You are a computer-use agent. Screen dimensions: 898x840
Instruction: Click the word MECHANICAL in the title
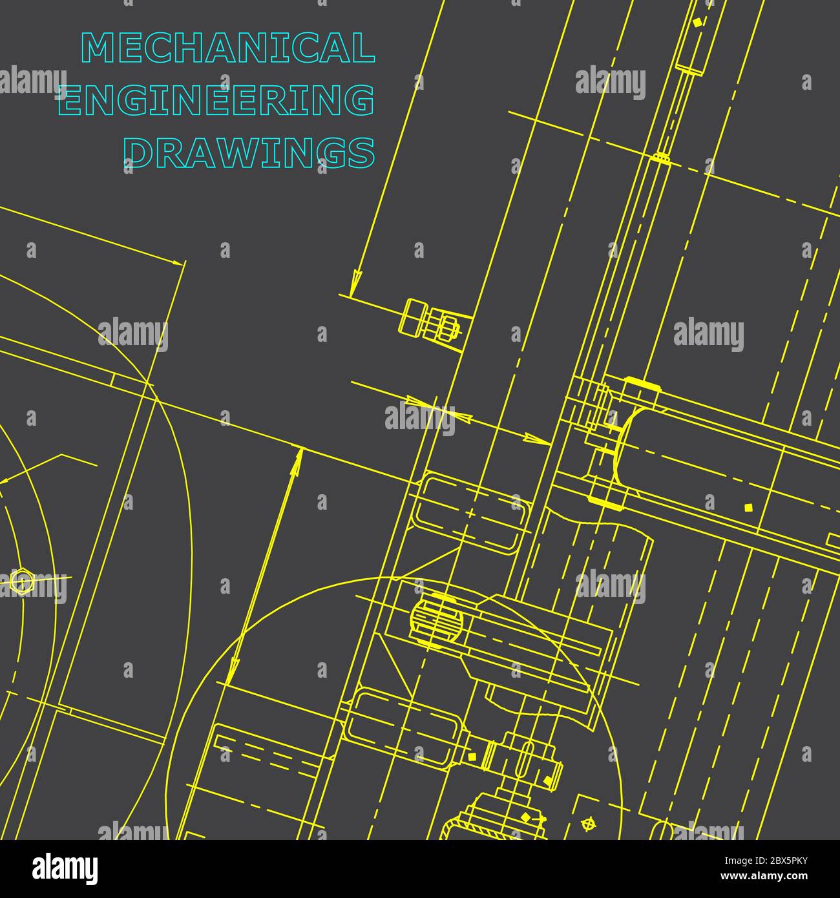click(228, 48)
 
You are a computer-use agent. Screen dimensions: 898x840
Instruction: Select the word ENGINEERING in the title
click(217, 100)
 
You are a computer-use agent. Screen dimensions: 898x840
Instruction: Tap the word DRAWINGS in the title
click(249, 152)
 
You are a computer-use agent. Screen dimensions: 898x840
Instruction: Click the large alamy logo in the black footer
click(65, 869)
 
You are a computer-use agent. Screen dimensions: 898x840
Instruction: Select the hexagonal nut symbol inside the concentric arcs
click(21, 581)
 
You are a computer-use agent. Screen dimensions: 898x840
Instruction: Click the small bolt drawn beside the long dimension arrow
click(430, 319)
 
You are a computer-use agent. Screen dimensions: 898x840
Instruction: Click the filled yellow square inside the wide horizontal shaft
click(748, 507)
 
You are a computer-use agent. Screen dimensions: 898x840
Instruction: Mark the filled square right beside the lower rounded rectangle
click(472, 756)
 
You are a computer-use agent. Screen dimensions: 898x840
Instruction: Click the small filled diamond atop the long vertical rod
click(697, 23)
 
